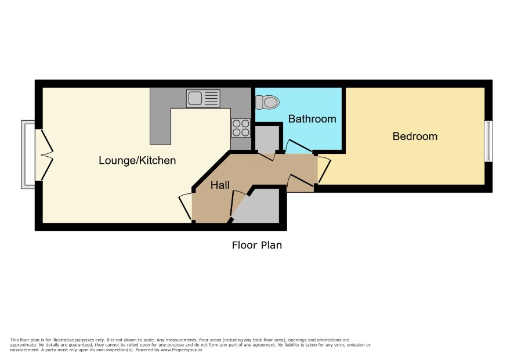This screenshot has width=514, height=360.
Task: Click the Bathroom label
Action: point(312,119)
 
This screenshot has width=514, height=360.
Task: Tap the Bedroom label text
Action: point(415,136)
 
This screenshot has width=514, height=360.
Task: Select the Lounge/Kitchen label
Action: point(137,160)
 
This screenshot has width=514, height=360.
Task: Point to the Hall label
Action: point(220,185)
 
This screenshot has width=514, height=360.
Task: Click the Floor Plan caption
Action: point(257,245)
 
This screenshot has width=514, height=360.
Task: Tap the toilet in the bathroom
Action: point(267,102)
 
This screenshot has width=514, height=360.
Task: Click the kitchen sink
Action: point(203,99)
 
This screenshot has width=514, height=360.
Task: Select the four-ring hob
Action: point(241,128)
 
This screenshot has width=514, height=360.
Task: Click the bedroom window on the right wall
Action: point(488,141)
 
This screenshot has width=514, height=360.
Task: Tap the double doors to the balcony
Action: point(44,154)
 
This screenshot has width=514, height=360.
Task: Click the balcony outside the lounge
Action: point(28,154)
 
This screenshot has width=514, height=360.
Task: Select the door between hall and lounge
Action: point(186,207)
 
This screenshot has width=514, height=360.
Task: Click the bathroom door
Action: point(298,147)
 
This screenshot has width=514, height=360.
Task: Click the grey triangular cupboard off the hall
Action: point(259,207)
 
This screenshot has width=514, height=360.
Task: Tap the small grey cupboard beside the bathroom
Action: point(267,138)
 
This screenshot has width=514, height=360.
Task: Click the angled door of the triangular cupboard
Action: point(238,203)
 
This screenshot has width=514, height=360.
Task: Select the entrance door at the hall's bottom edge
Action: point(300,182)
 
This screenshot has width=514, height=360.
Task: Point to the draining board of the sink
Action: point(212,99)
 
